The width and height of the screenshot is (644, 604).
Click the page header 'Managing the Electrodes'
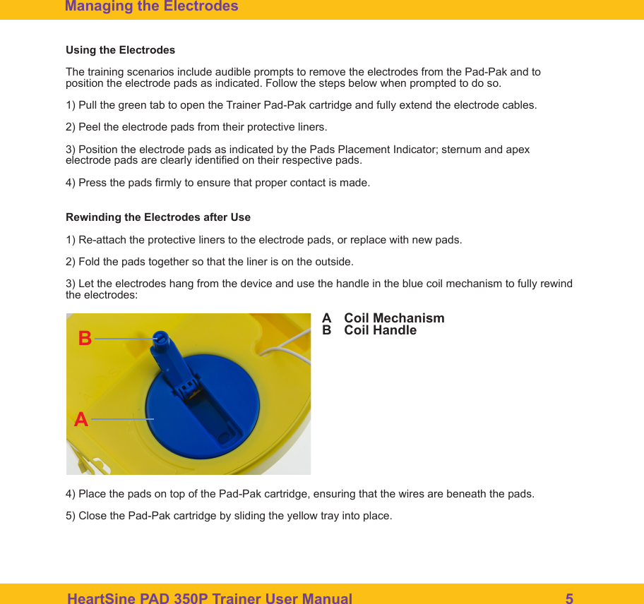151,7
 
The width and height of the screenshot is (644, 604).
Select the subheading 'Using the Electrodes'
120,50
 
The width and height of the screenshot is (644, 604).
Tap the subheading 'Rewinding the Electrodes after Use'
157,217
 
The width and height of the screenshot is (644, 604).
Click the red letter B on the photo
85,339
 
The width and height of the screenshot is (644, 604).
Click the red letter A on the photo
81,420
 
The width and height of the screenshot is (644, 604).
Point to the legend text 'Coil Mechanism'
394,318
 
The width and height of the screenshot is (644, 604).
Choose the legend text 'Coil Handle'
380,330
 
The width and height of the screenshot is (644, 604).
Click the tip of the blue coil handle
162,338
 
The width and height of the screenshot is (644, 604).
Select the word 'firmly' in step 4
166,183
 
